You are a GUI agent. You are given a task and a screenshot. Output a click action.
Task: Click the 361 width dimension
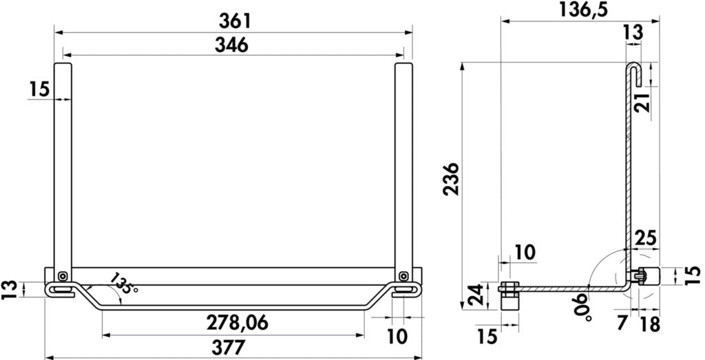234,21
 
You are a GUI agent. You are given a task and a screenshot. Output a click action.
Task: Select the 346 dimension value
231,45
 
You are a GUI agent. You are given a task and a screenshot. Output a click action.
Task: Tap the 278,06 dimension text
238,323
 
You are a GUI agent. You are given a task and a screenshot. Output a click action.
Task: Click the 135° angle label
123,284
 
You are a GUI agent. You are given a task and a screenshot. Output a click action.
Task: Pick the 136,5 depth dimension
583,10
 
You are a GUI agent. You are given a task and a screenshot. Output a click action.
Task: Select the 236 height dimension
451,178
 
